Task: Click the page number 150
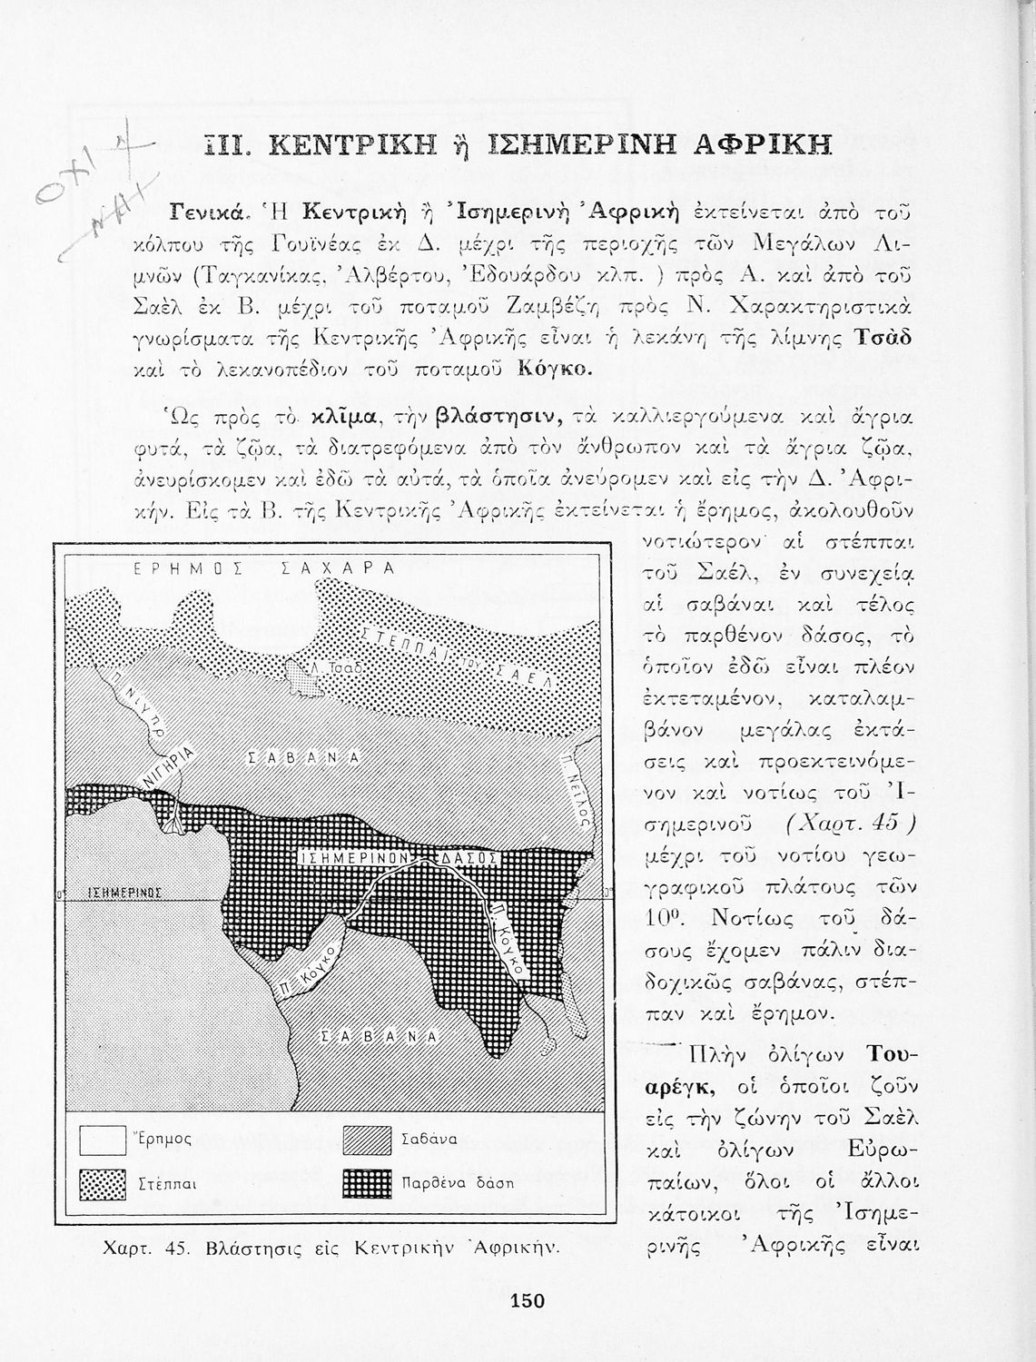pyautogui.click(x=528, y=1301)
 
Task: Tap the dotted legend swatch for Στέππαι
pyautogui.click(x=102, y=1184)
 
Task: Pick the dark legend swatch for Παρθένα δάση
pyautogui.click(x=367, y=1184)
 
